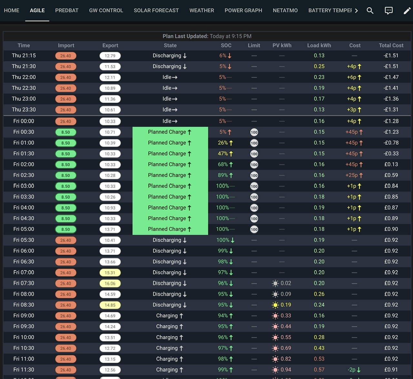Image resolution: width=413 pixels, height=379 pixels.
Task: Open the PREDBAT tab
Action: pyautogui.click(x=67, y=11)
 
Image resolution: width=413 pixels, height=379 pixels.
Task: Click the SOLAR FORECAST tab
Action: pyautogui.click(x=156, y=11)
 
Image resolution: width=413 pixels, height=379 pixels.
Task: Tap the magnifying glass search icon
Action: pyautogui.click(x=370, y=11)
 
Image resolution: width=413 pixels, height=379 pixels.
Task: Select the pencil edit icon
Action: pyautogui.click(x=407, y=11)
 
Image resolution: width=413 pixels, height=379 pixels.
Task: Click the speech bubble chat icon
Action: pyautogui.click(x=388, y=11)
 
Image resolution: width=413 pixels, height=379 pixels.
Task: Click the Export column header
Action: pyautogui.click(x=110, y=45)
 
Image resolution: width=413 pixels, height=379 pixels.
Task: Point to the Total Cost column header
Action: pyautogui.click(x=391, y=45)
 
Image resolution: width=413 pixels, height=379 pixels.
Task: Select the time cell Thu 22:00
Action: pyautogui.click(x=24, y=77)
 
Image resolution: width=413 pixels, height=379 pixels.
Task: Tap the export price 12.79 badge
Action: pyautogui.click(x=110, y=56)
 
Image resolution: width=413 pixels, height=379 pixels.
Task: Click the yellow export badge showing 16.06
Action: pyautogui.click(x=110, y=283)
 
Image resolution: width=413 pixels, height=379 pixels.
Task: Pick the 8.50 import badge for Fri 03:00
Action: pyautogui.click(x=66, y=186)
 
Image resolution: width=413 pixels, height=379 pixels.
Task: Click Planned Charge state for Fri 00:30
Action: pyautogui.click(x=170, y=132)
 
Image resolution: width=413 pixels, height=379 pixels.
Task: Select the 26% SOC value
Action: pyautogui.click(x=223, y=143)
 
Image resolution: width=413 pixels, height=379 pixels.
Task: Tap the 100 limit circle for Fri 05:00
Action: pyautogui.click(x=254, y=230)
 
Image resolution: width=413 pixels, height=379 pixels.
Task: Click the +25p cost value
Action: pyautogui.click(x=351, y=175)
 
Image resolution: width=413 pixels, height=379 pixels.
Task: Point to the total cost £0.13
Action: pyautogui.click(x=391, y=164)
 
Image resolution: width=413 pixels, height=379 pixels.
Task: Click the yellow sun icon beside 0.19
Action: pyautogui.click(x=275, y=305)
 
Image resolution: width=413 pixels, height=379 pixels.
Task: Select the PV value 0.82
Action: pyautogui.click(x=286, y=359)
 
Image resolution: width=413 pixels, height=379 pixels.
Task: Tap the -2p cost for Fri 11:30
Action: pyautogui.click(x=352, y=370)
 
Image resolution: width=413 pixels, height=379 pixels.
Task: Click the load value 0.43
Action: pyautogui.click(x=319, y=348)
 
